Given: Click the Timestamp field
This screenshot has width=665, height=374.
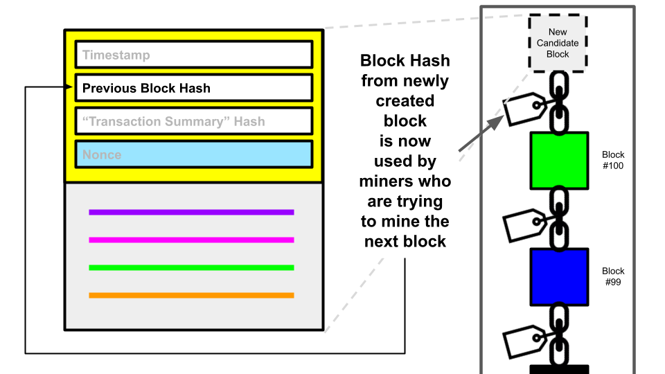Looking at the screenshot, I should coord(194,55).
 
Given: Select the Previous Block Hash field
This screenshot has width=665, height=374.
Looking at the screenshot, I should coord(194,88).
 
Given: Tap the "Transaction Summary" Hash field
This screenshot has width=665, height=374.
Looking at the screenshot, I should coord(194,121).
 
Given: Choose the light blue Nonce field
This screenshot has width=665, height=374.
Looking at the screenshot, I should coord(194,154).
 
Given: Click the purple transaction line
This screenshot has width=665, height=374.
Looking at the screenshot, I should coord(191,212).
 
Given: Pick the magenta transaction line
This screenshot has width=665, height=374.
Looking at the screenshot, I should coord(191,240).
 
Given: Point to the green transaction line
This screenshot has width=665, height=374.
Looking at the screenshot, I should coord(191,267).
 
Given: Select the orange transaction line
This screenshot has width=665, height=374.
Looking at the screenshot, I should coord(191,295).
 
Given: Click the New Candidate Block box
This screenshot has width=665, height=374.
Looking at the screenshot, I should coord(558,43).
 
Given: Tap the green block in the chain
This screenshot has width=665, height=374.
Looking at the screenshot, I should coord(559,161).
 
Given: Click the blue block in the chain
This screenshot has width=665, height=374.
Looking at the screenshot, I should coord(559,277).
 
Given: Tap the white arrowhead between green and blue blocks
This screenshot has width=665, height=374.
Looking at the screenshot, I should coord(501,229).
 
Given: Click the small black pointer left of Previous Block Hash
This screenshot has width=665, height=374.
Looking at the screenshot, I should coord(69,87).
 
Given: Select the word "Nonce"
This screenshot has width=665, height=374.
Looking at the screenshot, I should coord(102,154).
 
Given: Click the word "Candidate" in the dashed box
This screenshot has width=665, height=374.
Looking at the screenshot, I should coord(558,43).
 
